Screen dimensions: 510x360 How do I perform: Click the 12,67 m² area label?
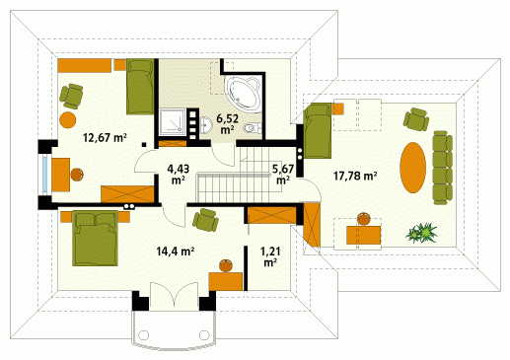105,137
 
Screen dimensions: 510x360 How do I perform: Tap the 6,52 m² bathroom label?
227,123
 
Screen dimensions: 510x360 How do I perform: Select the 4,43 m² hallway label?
179,175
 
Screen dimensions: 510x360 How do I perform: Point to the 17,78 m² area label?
355,176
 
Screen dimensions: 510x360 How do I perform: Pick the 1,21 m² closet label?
270,256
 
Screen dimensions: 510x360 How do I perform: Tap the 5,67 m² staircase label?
283,175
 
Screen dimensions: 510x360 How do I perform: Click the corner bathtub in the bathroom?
244,93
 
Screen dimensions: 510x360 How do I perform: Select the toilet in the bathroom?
253,127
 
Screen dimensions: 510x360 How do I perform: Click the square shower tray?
173,122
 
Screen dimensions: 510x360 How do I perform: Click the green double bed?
95,238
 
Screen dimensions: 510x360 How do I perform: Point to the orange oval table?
412,167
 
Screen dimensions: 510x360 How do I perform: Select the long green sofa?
443,168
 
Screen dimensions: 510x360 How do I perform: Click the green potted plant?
421,233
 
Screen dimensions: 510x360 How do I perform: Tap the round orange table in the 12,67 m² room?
68,120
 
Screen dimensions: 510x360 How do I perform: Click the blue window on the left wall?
45,175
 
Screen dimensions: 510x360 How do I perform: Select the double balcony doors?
174,295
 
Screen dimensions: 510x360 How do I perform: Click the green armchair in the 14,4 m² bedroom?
205,220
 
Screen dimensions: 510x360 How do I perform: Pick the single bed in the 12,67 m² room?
140,87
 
